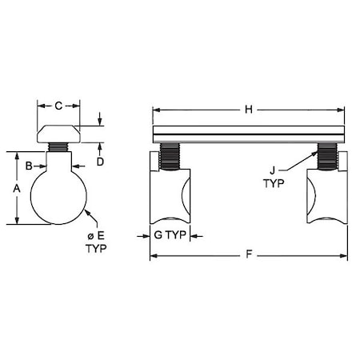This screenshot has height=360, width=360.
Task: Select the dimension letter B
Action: (x=29, y=166)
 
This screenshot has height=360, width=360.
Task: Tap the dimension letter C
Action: (x=58, y=105)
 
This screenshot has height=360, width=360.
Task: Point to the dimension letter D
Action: (x=100, y=161)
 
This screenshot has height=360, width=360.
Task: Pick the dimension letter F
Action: (x=249, y=256)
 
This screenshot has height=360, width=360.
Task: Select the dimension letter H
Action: (x=249, y=110)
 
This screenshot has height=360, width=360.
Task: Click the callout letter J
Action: (x=273, y=170)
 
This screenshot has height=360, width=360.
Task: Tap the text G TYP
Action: (x=170, y=236)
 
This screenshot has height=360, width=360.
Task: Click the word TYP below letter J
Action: (x=273, y=182)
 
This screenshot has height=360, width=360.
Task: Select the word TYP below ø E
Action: (x=95, y=248)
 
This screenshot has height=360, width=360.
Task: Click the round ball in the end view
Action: (x=58, y=195)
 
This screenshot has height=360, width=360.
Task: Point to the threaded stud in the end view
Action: (x=58, y=147)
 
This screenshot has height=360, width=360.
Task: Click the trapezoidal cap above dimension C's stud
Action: (x=58, y=132)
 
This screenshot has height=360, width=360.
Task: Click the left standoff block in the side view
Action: (x=170, y=196)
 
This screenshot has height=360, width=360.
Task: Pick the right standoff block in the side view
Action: (x=326, y=196)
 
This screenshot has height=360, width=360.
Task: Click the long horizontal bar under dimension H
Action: (x=249, y=134)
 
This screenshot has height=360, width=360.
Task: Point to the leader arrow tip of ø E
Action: (x=84, y=211)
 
